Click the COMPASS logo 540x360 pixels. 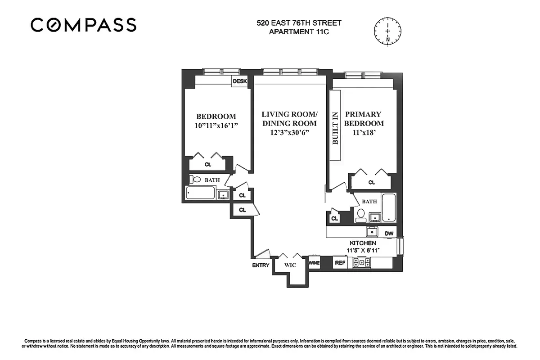point(83,25)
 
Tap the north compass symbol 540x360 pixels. point(387,30)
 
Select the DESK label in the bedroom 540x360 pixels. point(240,81)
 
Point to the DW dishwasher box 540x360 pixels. point(389,234)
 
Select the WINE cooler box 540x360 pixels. point(314,263)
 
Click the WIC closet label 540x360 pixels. point(290,265)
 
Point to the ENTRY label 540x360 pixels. point(261,265)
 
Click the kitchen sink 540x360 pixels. point(372,232)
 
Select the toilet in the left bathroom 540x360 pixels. point(196,180)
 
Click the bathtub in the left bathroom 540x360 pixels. point(201,194)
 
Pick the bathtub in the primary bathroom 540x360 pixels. point(389,207)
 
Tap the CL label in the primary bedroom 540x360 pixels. point(371,182)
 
